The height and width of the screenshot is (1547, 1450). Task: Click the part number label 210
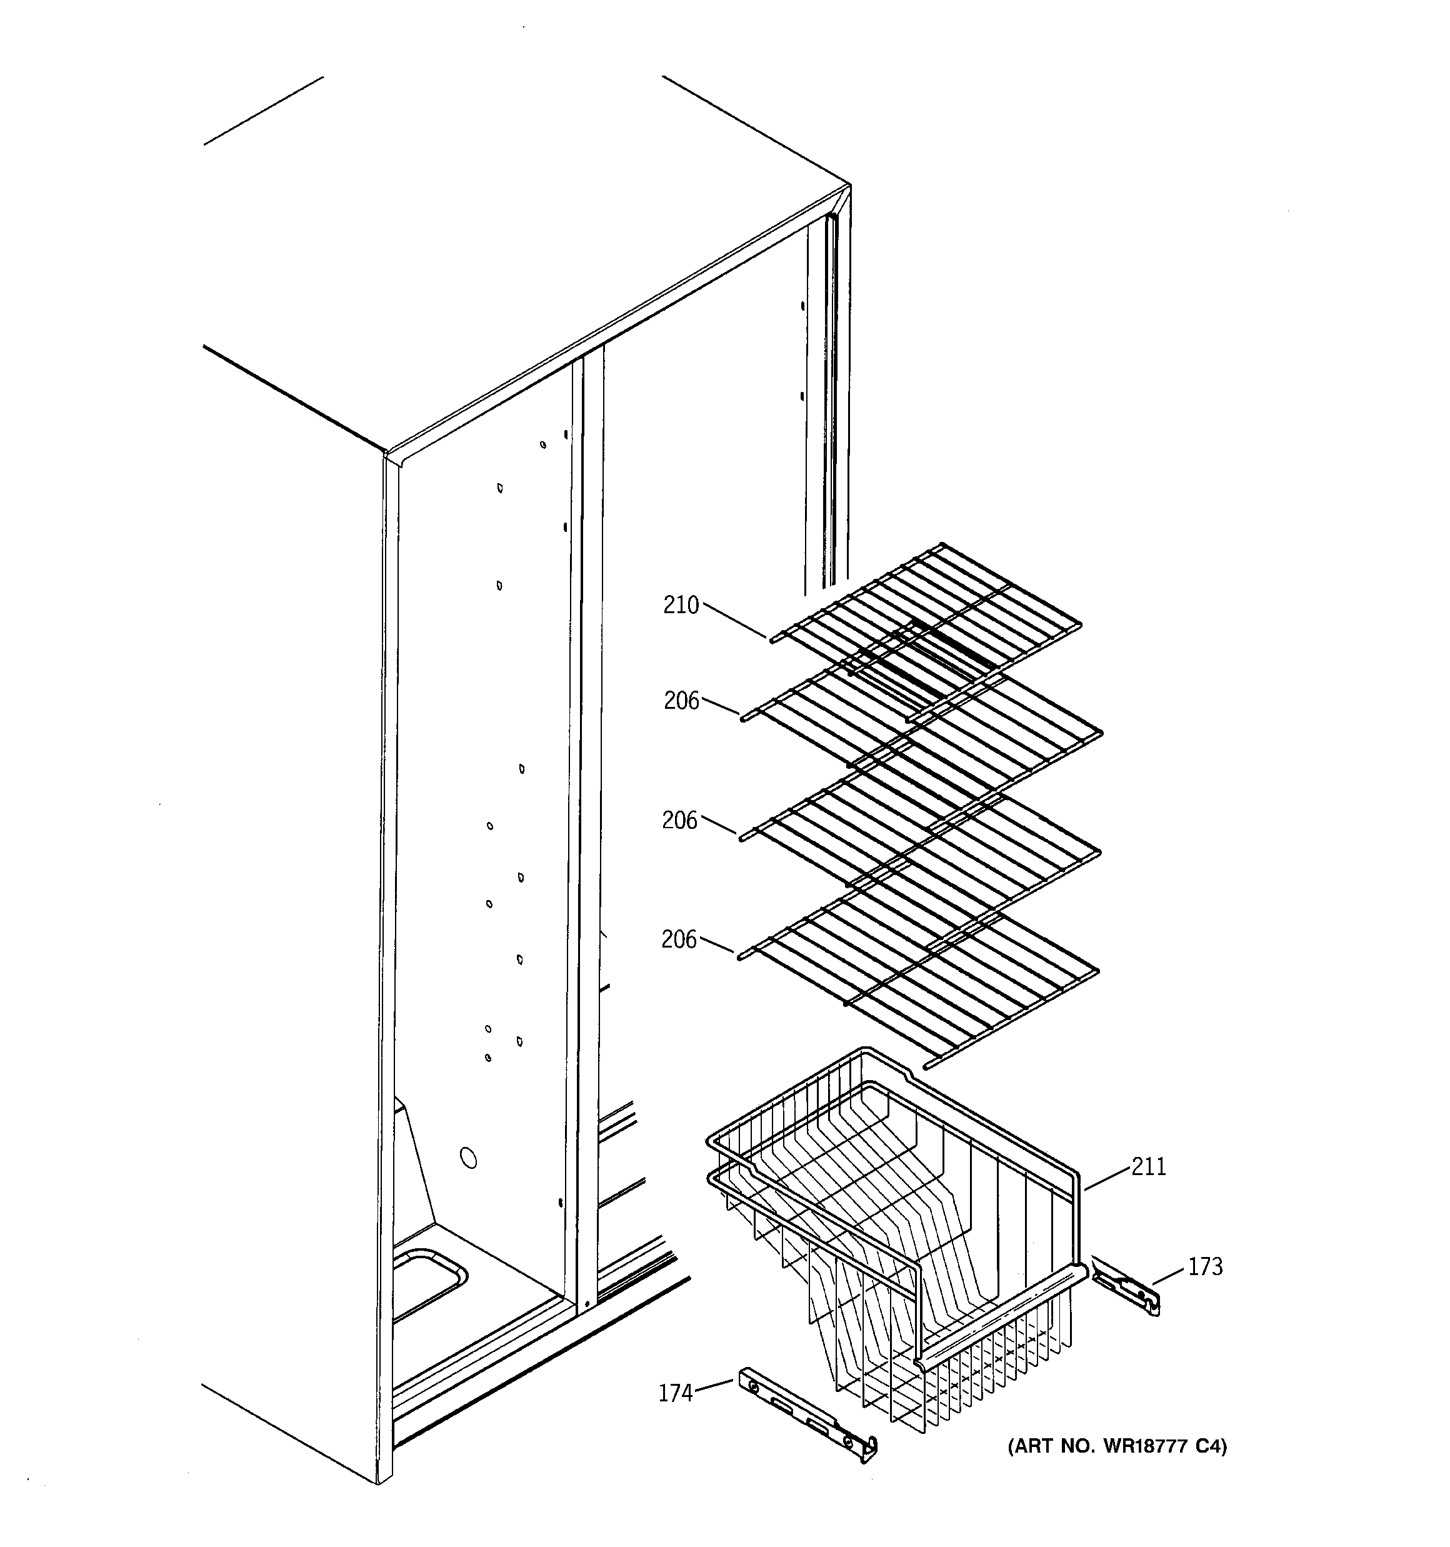click(681, 606)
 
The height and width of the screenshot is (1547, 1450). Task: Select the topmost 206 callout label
click(682, 701)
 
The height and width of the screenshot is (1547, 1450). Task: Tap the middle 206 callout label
click(680, 820)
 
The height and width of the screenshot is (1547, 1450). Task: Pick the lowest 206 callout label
click(679, 940)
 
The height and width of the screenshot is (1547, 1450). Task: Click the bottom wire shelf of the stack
click(918, 984)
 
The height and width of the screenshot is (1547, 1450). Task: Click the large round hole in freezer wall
click(469, 1158)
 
